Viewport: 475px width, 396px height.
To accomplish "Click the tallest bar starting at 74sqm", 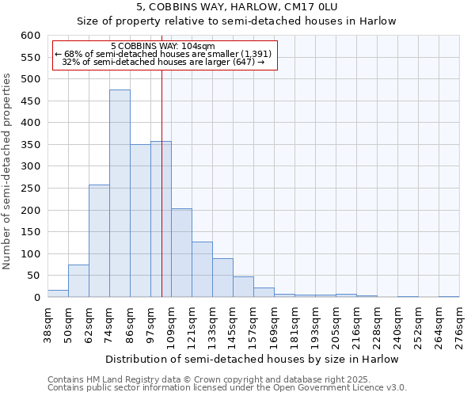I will tap(120, 194).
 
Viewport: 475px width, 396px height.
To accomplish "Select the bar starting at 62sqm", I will tap(99, 242).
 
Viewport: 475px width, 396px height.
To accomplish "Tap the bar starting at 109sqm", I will tap(181, 253).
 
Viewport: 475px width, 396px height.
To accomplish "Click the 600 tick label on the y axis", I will tap(30, 36).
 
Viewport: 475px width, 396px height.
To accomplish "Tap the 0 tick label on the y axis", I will tap(36, 298).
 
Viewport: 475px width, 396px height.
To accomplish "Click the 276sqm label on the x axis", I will tap(459, 326).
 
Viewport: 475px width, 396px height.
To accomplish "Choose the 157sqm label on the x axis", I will tap(253, 326).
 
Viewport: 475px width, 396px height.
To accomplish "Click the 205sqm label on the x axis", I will tap(336, 326).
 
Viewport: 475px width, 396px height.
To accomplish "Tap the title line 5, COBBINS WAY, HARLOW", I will tap(236, 6).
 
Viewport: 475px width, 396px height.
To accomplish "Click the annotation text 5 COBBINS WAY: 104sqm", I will tap(162, 47).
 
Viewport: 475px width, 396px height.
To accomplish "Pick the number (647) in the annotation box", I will tap(244, 62).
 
